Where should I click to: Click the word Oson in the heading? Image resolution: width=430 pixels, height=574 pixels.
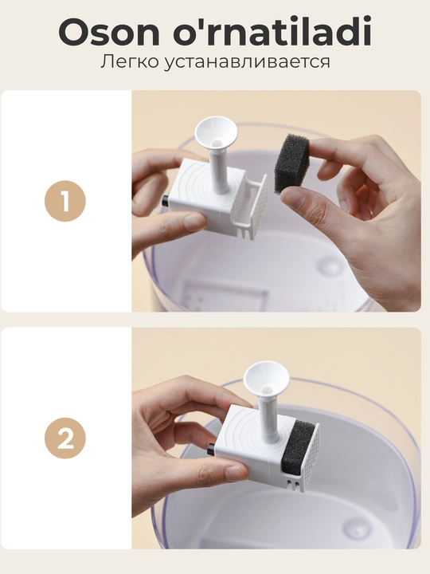[109, 32]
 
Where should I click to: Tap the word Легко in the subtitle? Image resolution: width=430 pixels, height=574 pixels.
[130, 61]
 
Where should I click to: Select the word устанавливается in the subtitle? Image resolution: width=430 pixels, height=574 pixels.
[247, 62]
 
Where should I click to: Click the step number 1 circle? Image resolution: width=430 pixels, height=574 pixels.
[65, 201]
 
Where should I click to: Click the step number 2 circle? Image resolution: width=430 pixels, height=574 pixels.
[65, 438]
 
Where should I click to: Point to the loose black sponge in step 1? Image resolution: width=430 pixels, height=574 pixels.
[291, 163]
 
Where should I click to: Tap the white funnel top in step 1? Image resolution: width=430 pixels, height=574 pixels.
[216, 133]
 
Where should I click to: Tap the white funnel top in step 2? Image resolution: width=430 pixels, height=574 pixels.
[266, 379]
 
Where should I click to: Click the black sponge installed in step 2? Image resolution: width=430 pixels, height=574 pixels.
[297, 448]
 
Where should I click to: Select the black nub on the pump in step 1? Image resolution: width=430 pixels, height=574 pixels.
[165, 201]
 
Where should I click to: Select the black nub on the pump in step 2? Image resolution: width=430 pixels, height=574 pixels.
[212, 448]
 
